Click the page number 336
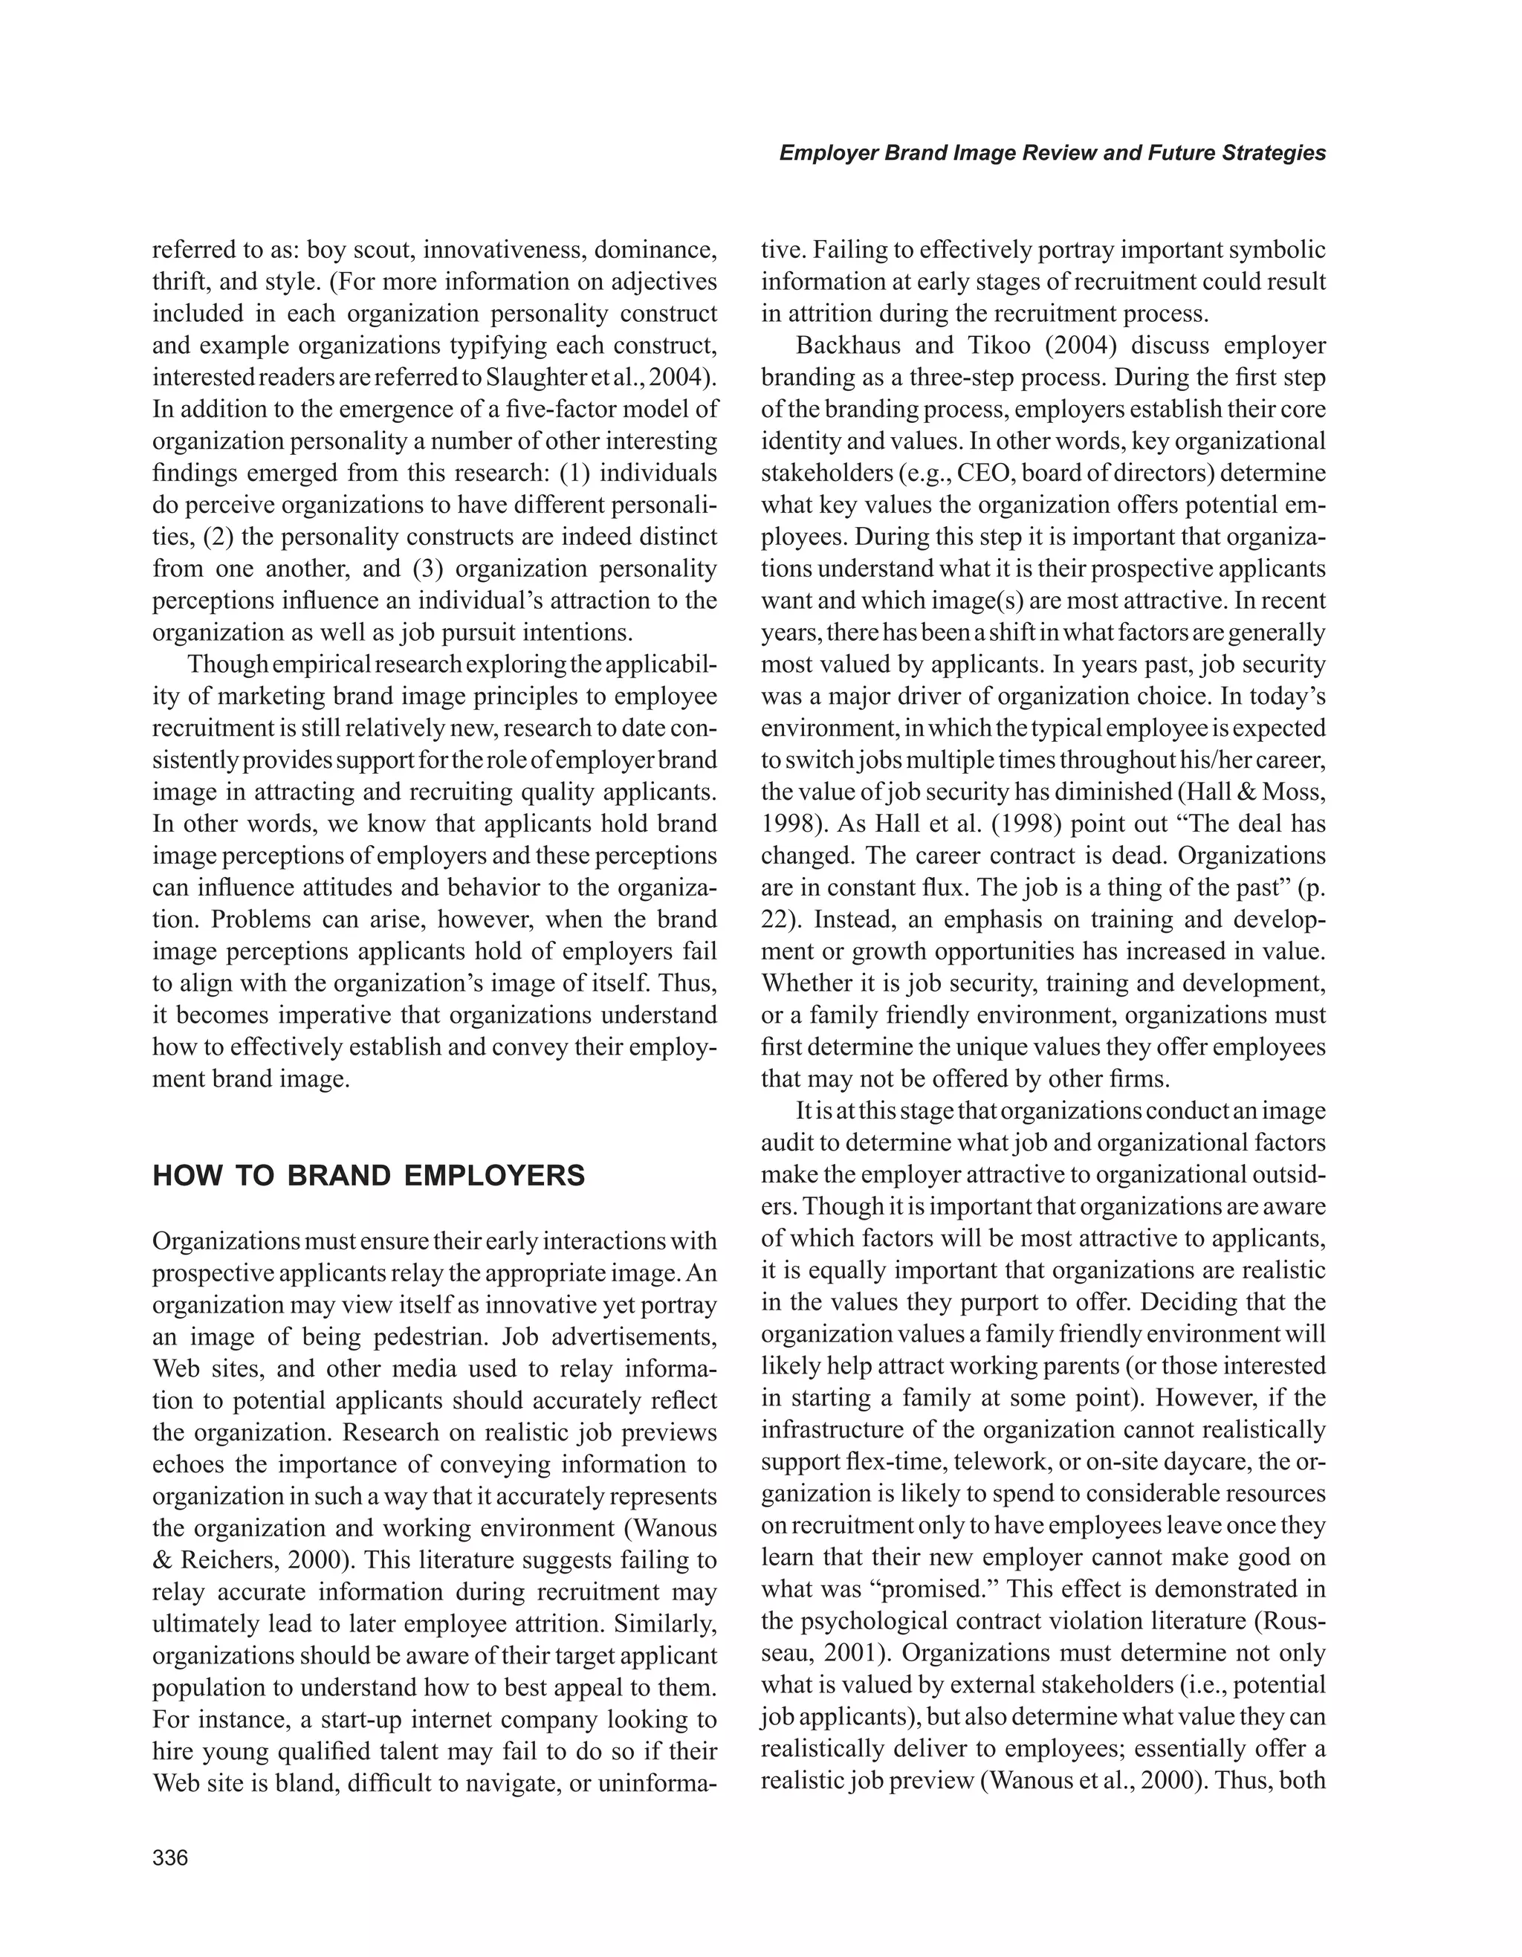(x=170, y=1857)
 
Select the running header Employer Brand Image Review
(x=1052, y=153)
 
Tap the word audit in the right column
(x=790, y=1143)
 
